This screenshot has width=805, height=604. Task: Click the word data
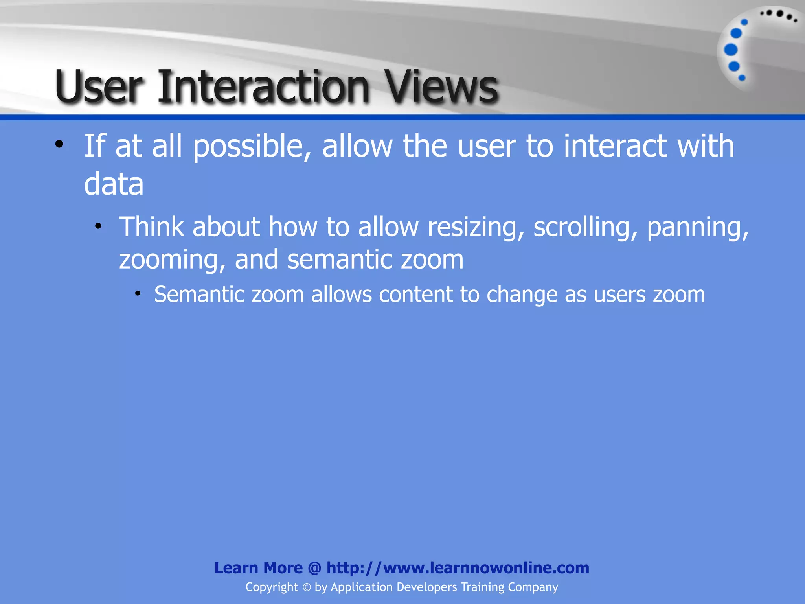click(x=114, y=184)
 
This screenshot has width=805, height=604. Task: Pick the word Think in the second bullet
click(x=151, y=227)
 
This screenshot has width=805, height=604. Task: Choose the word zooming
click(x=172, y=260)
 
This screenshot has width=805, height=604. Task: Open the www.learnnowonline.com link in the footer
click(x=458, y=568)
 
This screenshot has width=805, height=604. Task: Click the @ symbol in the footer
click(x=314, y=568)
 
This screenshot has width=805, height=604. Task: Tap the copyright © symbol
click(x=307, y=587)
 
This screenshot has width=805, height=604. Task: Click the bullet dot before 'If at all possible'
click(x=59, y=144)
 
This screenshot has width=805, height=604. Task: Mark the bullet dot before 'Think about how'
click(x=98, y=226)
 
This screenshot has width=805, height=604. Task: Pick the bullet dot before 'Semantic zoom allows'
click(x=138, y=293)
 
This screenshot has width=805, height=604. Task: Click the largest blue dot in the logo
click(x=731, y=50)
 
